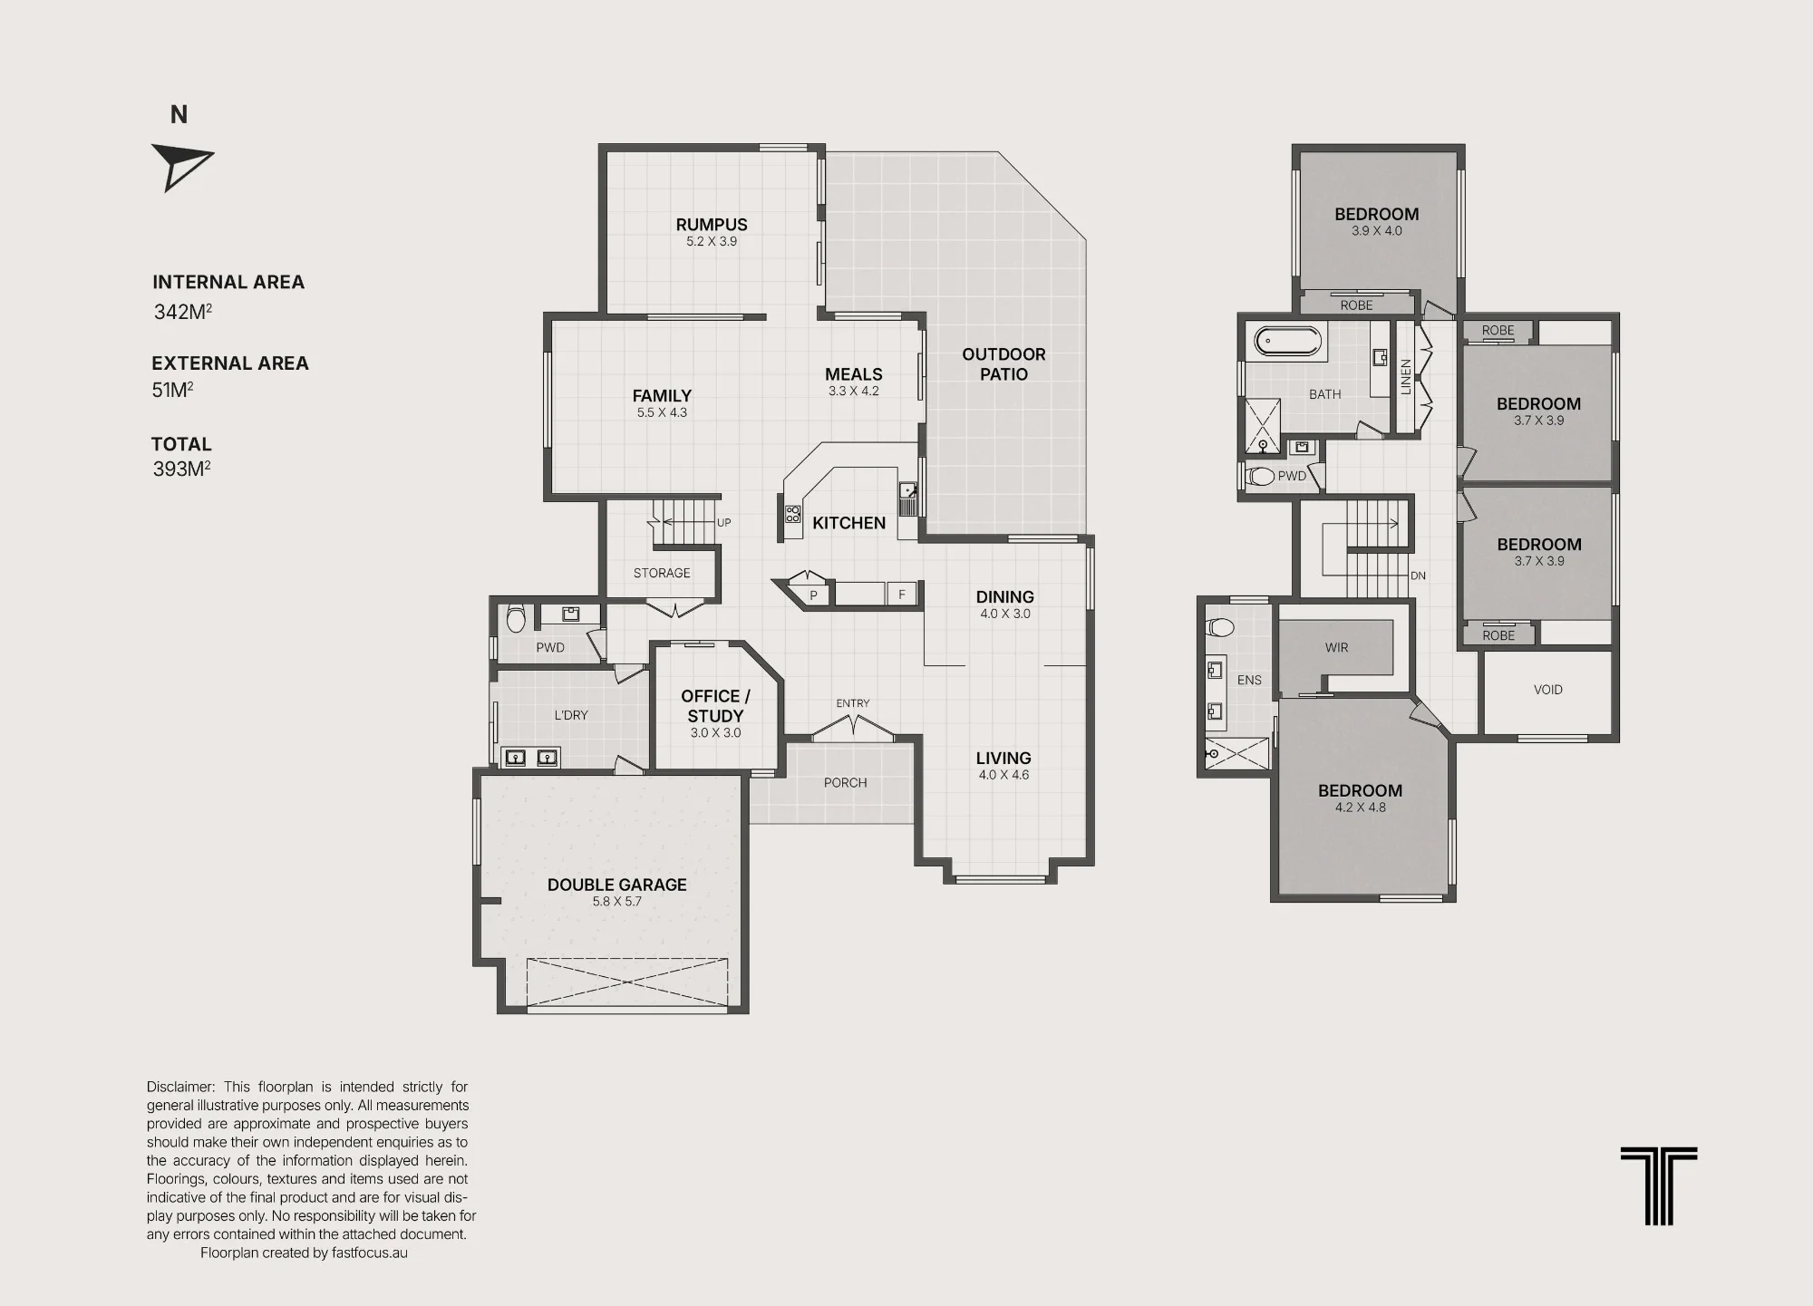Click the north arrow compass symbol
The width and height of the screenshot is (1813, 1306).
tap(181, 166)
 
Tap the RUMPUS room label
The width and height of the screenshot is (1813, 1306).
tap(712, 225)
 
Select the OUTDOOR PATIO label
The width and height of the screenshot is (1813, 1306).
tap(1003, 364)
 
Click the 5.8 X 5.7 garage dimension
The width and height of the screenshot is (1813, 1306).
tap(616, 902)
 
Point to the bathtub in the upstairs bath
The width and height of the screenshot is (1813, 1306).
tap(1288, 341)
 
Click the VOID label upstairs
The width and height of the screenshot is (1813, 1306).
tap(1548, 690)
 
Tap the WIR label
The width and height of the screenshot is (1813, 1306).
tap(1336, 648)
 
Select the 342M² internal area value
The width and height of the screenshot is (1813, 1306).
tap(183, 312)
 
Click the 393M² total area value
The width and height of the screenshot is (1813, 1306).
tap(182, 469)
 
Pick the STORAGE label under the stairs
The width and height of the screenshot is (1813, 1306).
tap(662, 573)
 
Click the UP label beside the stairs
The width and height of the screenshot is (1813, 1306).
tap(723, 523)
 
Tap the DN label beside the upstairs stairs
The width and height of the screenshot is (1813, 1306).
tap(1418, 576)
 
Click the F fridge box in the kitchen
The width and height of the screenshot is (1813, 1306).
tap(901, 595)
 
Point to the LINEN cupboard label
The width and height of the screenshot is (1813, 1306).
tap(1406, 376)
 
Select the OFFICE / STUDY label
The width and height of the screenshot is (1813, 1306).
tap(715, 706)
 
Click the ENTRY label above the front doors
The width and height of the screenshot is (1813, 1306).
tap(853, 703)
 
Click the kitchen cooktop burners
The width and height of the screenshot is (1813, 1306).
tap(793, 515)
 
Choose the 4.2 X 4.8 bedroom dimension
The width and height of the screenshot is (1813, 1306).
tap(1360, 808)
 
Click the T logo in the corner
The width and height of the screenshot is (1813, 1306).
tap(1659, 1185)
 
